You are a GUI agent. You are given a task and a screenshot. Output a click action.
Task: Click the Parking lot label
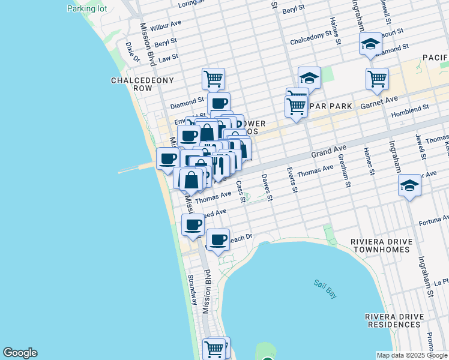coord(86,8)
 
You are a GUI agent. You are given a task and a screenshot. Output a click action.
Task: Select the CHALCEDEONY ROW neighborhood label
coord(142,84)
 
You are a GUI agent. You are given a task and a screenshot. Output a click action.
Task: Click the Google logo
coord(20,353)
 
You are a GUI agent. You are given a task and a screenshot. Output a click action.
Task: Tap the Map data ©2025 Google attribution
coord(412,355)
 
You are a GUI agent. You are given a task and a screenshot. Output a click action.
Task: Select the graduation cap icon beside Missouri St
coord(370,44)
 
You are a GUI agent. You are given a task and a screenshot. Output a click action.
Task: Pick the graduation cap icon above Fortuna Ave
coord(409,185)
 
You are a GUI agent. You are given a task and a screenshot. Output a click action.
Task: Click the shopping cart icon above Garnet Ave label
coord(377,79)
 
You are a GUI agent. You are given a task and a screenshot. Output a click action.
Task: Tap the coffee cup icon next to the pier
coord(168,158)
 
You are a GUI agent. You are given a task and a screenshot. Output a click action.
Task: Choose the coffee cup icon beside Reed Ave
coord(193,224)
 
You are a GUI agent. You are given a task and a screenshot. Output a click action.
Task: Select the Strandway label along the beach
coord(191,289)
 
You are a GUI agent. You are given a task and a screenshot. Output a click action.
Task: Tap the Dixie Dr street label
coord(133,52)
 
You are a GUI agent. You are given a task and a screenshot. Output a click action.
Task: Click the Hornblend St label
coord(409,109)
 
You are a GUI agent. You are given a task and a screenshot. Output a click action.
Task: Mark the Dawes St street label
coord(268,187)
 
